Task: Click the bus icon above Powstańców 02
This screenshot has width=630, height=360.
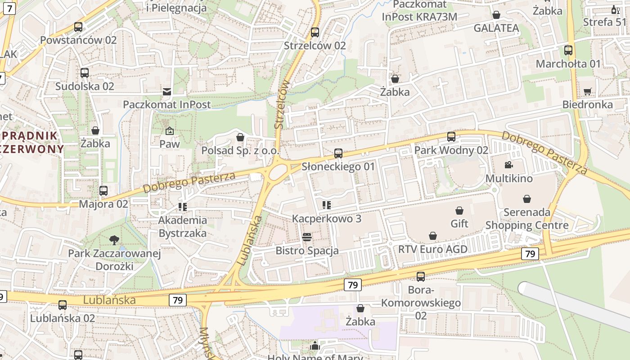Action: pos(78,27)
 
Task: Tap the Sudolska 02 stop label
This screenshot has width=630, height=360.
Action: pos(85,86)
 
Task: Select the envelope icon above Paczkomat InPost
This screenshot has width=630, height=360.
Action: pos(167,92)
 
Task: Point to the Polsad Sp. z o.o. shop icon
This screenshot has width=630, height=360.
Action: pos(240,137)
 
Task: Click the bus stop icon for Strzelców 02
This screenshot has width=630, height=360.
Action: pos(315,32)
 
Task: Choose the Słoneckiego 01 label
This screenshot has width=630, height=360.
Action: pos(338,166)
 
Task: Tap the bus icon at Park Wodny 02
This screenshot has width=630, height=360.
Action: pos(451,137)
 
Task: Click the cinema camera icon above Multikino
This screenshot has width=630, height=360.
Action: pos(508,165)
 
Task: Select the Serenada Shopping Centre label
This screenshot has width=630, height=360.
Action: pos(527,219)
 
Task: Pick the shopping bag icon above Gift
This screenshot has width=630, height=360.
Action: pos(459,211)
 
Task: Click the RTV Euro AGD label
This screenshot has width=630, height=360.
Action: pos(433,249)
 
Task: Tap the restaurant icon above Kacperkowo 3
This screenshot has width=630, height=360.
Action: pos(327,205)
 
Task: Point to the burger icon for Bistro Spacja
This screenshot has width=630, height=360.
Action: pos(307,237)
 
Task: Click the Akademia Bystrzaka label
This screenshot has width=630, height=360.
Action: pos(183,226)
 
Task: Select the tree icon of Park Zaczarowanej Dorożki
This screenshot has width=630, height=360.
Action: pos(114,240)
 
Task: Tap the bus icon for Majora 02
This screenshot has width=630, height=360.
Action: pos(103,191)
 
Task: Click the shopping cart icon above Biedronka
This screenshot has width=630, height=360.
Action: pos(587,92)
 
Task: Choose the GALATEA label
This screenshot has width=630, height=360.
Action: pos(496,28)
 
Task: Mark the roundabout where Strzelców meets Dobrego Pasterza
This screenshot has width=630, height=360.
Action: pos(279,171)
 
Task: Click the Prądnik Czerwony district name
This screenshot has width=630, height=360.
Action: pos(31,142)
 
